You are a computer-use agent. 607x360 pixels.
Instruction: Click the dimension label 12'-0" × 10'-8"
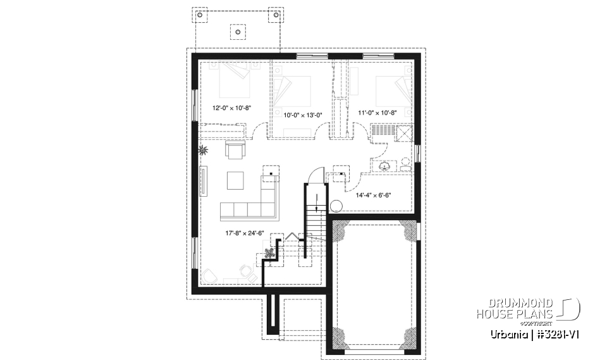(232, 108)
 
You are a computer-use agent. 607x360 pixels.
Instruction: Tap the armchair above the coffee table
(235, 151)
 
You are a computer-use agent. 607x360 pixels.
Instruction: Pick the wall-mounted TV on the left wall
(204, 182)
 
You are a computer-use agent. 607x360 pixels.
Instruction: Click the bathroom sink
(385, 166)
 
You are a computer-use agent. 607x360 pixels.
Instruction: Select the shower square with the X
(403, 132)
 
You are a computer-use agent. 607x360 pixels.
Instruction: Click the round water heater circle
(336, 206)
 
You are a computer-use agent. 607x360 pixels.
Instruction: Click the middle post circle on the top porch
(238, 30)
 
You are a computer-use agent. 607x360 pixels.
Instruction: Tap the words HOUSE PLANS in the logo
(514, 314)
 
